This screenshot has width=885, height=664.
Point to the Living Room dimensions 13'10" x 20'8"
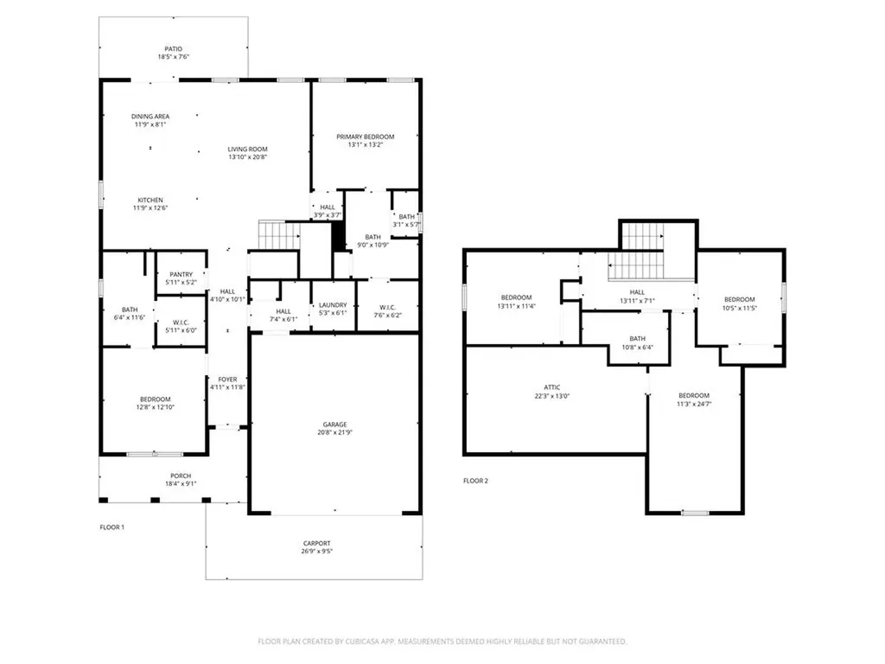tap(247, 157)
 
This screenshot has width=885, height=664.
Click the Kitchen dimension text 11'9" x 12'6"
tap(150, 207)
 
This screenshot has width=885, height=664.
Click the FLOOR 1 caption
tap(111, 527)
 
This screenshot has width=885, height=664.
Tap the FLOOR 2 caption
tap(475, 481)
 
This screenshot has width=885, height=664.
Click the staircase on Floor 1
tap(279, 235)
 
